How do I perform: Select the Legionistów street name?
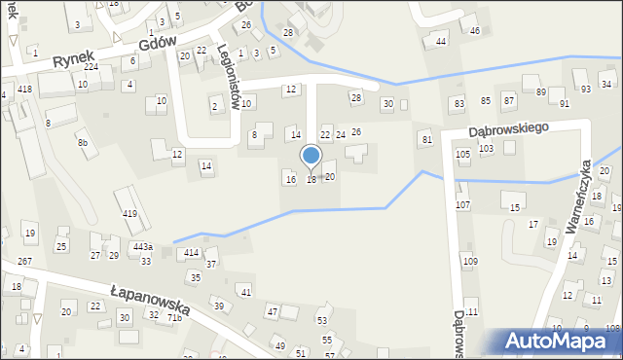click(230, 75)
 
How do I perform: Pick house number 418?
click(24, 89)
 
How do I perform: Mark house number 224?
click(91, 67)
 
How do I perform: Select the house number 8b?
click(83, 143)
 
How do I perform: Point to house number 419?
click(129, 213)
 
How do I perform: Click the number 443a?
click(143, 247)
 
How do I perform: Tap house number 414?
click(192, 253)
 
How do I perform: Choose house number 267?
click(24, 262)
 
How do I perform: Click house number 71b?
click(174, 317)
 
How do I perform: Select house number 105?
click(463, 154)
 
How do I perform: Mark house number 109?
click(470, 262)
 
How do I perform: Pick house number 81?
click(426, 140)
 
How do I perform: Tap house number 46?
click(475, 31)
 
